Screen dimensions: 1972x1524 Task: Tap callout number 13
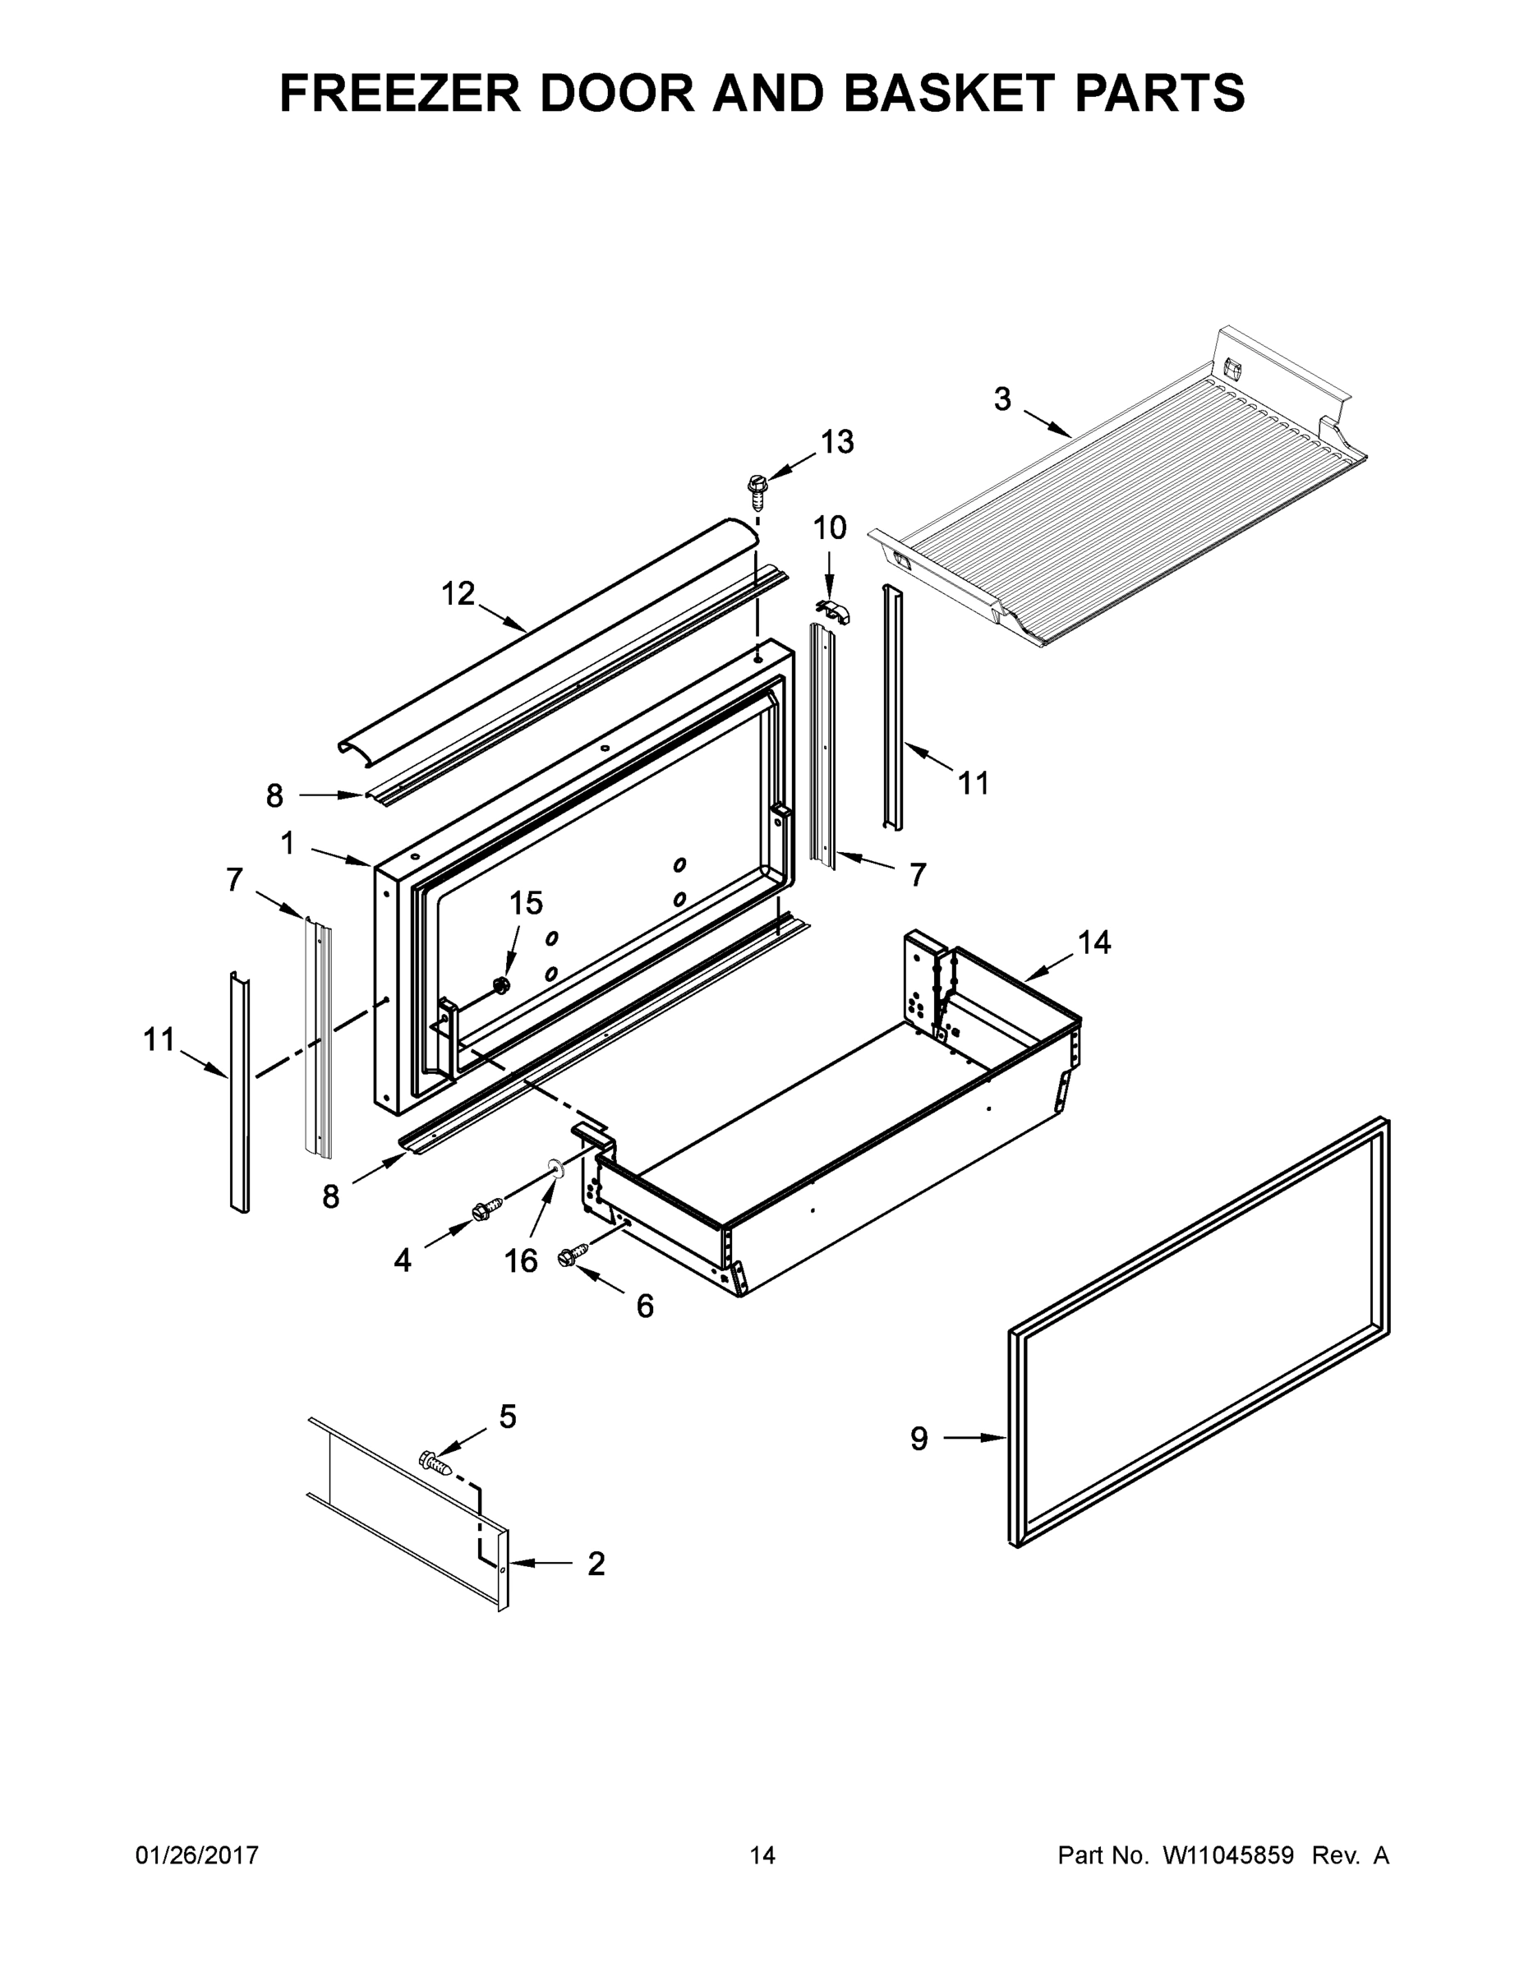[x=836, y=441]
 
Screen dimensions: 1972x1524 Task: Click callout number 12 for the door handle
[x=458, y=593]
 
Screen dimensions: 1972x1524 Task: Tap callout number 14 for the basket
[x=1094, y=942]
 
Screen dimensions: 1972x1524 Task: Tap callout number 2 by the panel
[x=596, y=1563]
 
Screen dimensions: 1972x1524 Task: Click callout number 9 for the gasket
[x=919, y=1439]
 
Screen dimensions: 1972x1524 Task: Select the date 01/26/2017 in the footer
[x=197, y=1855]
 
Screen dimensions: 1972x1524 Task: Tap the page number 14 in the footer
[x=762, y=1855]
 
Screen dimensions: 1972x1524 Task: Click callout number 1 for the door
[x=287, y=843]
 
